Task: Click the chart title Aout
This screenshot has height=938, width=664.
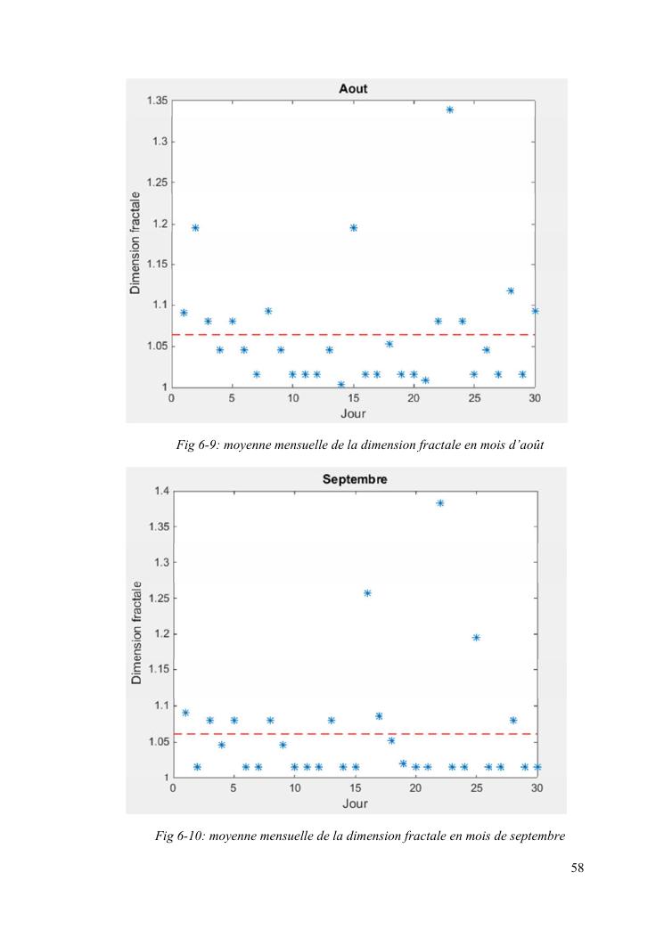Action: pos(353,89)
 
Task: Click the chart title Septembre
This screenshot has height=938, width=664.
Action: pos(354,479)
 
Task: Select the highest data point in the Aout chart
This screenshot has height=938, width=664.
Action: pos(450,110)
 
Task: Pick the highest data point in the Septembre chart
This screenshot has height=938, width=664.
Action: pos(440,503)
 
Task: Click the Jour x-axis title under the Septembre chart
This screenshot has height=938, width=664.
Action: pos(354,804)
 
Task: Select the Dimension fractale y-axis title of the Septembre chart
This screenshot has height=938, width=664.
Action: pos(136,633)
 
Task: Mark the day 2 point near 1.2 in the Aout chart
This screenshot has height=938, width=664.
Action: pos(195,228)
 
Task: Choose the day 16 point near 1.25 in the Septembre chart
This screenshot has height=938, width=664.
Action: pos(367,593)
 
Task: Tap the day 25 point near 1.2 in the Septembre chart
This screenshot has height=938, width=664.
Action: pos(477,638)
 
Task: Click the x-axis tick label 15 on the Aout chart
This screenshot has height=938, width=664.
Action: pos(353,398)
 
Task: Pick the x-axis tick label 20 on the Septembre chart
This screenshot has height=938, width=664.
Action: pos(415,788)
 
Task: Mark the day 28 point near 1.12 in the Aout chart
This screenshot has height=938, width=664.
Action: pos(511,290)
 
